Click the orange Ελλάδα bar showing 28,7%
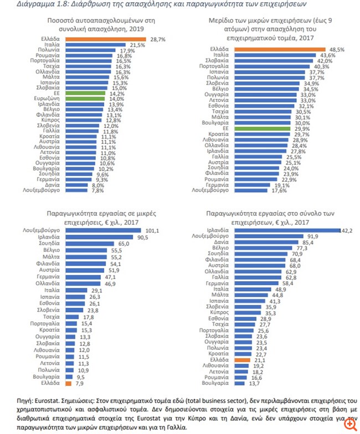click(x=105, y=39)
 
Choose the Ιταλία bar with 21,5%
click(x=95, y=45)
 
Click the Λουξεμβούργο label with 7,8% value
click(x=45, y=190)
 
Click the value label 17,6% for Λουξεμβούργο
click(x=279, y=190)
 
